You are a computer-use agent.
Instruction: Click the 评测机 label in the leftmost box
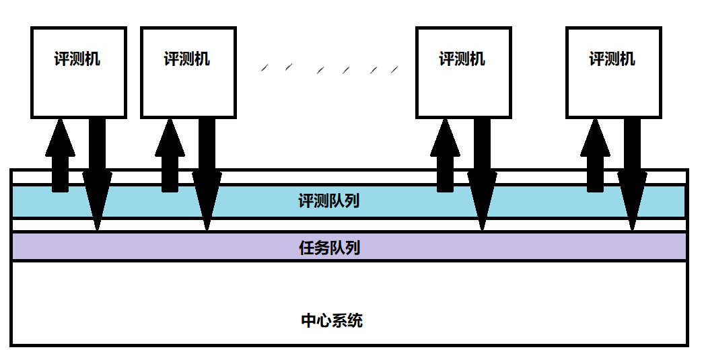coord(77,59)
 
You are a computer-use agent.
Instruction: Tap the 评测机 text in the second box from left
coord(187,59)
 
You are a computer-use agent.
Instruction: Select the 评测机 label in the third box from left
coord(462,59)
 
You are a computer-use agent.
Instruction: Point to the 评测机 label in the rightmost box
coord(612,59)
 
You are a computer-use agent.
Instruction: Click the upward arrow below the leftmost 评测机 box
coord(60,155)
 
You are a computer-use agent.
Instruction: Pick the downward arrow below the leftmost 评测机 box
coord(97,174)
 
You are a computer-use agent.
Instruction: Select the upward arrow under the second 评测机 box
coord(170,155)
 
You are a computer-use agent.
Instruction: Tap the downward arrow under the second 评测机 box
coord(207,174)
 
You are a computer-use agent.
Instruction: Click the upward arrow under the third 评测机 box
coord(445,155)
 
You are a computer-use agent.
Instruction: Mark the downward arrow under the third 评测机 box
coord(482,174)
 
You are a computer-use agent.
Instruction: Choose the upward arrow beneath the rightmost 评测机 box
coord(595,155)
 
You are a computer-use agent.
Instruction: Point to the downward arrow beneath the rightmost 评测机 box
coord(632,174)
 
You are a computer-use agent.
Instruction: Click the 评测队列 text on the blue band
coord(329,201)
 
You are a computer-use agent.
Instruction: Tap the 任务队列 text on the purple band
coord(330,248)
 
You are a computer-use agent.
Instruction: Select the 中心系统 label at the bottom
coord(332,320)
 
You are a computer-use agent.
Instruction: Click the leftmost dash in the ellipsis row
coord(265,68)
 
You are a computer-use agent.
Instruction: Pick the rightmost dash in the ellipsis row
coord(394,69)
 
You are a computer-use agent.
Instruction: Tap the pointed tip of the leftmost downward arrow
coord(97,230)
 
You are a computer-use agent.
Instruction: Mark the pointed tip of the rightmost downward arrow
coord(632,230)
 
